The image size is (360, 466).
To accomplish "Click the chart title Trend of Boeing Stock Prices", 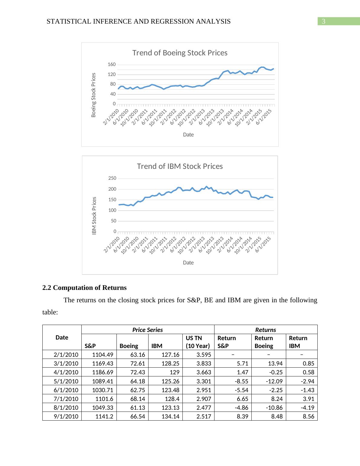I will coord(180,53).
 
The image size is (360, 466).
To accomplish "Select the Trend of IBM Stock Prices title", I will coord(180,166).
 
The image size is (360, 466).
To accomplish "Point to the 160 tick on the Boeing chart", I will coord(112,65).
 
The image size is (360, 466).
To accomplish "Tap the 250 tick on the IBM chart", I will coord(112,179).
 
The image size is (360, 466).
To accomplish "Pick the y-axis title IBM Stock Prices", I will coord(94,215).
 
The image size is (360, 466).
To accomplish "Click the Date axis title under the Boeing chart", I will coord(188,135).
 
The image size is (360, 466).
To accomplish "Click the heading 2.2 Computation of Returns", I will coord(84,288).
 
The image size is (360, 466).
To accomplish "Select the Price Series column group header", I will coord(148,330).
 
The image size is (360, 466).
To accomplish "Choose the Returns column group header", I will coord(266,330).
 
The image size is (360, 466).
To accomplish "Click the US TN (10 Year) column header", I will coord(198,342).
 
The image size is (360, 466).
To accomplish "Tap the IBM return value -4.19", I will coord(307,408).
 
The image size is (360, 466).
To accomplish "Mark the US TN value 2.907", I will coord(204,399).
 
